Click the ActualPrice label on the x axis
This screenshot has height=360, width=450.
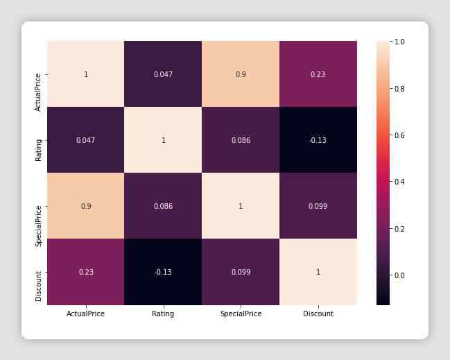click(x=85, y=314)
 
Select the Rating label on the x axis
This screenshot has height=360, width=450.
click(x=163, y=314)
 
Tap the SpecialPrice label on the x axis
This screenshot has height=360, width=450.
click(x=241, y=314)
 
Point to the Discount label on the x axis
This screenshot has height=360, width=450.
click(x=318, y=314)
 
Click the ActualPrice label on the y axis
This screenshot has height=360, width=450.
click(x=38, y=92)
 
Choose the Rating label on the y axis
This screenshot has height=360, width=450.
click(x=38, y=150)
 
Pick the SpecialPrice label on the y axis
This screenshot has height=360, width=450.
click(x=38, y=226)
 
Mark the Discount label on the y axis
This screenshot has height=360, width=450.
click(x=38, y=286)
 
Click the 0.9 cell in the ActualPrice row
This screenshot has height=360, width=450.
click(x=241, y=74)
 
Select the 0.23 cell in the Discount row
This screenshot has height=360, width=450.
click(x=86, y=272)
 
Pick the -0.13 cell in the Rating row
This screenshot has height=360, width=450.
click(x=318, y=140)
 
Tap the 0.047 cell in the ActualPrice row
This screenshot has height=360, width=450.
click(x=163, y=74)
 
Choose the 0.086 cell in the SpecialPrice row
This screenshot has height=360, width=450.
click(x=163, y=206)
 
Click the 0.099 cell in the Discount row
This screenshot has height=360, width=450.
click(x=241, y=272)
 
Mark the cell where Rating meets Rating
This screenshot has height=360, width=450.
click(x=163, y=140)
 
